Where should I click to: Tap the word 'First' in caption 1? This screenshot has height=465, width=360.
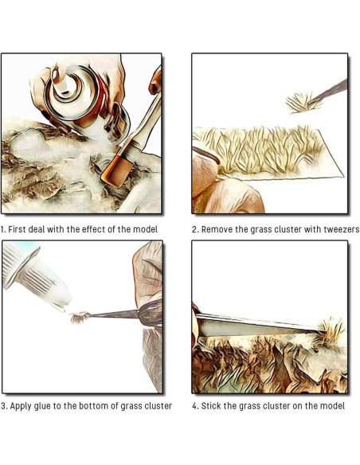(x=16, y=229)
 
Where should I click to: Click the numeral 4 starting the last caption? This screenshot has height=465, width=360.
(x=195, y=406)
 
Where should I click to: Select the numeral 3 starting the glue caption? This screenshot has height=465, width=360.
(x=3, y=406)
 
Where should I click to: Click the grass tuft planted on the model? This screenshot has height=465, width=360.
(x=331, y=332)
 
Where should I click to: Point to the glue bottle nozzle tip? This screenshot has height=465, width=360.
(x=63, y=309)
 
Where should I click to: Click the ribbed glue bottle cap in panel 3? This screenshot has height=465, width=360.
(x=21, y=263)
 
